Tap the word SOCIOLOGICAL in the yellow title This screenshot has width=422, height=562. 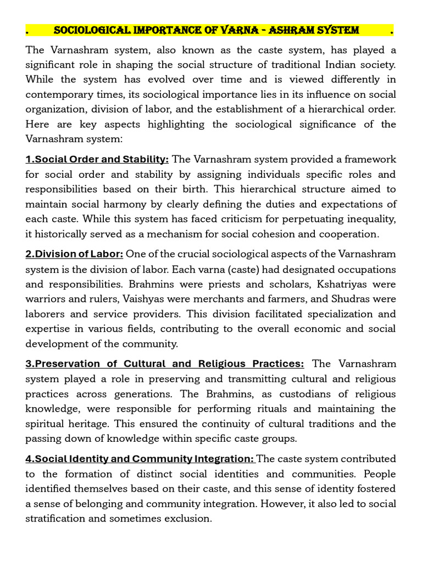91,30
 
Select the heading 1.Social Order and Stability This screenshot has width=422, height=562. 97,159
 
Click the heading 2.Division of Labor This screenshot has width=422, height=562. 75,254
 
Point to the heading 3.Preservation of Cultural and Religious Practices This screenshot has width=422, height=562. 164,364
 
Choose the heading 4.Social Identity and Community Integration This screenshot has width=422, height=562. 140,459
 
